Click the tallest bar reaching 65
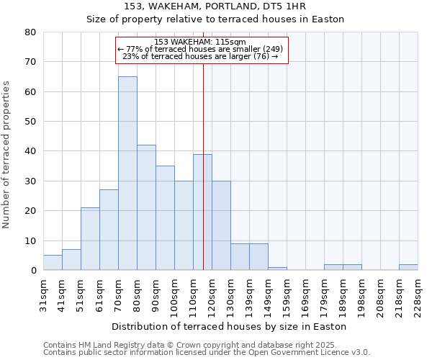tap(127, 173)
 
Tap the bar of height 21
tap(90, 238)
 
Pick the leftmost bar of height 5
tap(53, 262)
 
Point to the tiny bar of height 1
tap(277, 269)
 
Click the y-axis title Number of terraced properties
tap(7, 154)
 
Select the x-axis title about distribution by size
tap(230, 326)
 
